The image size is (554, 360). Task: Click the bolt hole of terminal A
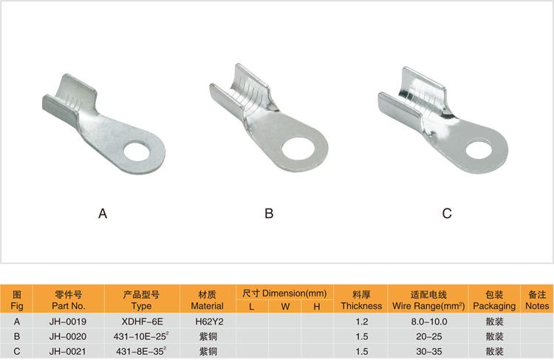[137, 151]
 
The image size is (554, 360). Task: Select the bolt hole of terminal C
[479, 149]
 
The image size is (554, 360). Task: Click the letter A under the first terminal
[103, 214]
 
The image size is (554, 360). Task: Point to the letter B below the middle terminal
[269, 214]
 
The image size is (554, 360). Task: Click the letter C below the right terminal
[447, 214]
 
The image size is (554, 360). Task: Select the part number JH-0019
[68, 322]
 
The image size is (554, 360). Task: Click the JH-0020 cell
[68, 336]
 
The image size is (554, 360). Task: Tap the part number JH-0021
[68, 351]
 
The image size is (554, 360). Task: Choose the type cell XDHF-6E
[142, 322]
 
